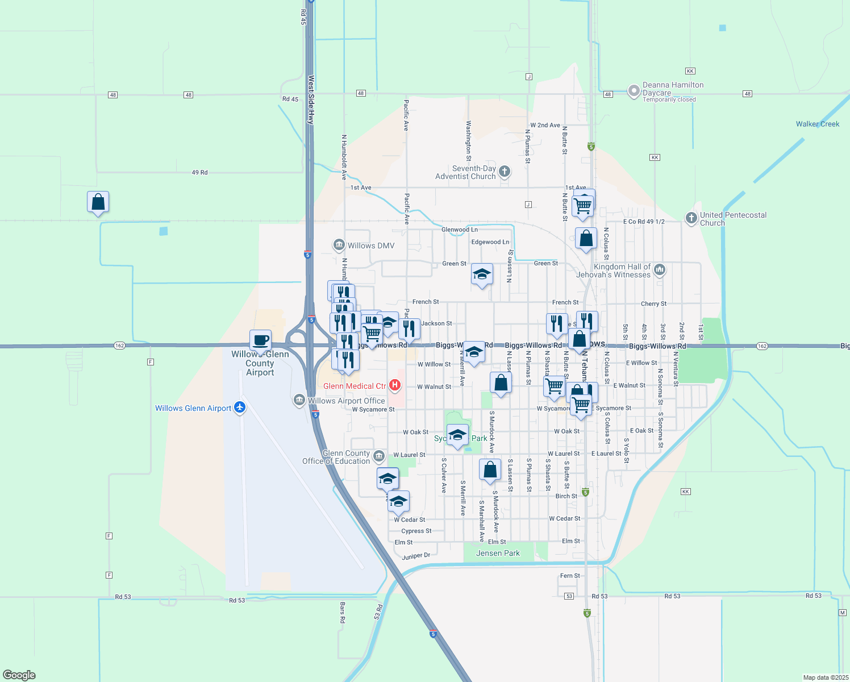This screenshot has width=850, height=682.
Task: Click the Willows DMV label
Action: click(370, 246)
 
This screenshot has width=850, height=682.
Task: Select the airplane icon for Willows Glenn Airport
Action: click(240, 407)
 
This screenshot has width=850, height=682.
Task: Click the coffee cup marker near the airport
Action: click(260, 341)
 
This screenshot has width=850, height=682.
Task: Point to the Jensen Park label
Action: click(498, 553)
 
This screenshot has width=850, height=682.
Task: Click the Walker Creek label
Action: click(817, 124)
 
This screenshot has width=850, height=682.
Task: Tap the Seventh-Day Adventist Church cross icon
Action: click(504, 171)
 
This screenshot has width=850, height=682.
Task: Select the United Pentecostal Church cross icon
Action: click(691, 218)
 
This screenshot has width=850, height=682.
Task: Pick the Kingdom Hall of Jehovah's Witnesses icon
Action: click(659, 269)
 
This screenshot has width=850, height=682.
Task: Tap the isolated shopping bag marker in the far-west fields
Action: click(98, 202)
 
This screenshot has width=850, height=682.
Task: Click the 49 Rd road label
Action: click(199, 172)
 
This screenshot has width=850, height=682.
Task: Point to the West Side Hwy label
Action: click(311, 100)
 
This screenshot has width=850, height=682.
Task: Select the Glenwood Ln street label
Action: click(459, 230)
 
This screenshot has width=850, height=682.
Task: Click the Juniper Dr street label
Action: click(416, 556)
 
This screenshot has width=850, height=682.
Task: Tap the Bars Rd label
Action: click(342, 613)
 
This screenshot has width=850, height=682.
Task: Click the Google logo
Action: click(19, 675)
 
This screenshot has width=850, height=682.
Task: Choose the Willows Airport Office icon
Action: click(299, 400)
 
